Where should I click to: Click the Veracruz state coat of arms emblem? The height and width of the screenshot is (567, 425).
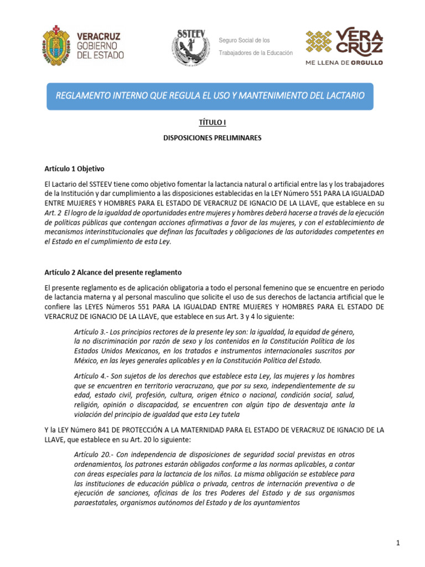(55, 45)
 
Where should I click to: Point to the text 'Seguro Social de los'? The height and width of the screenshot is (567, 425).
(244, 40)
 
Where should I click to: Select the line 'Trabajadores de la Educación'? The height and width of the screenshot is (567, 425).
(256, 53)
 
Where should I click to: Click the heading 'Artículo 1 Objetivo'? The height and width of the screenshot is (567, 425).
(74, 168)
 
